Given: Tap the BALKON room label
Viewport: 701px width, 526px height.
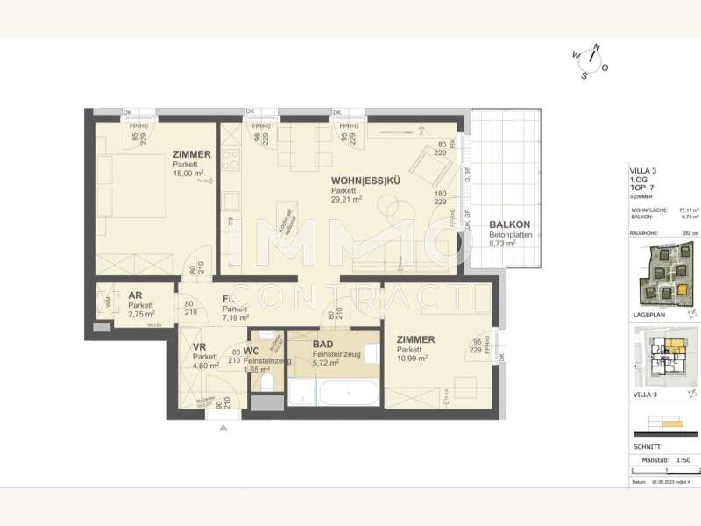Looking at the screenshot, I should coord(509,224).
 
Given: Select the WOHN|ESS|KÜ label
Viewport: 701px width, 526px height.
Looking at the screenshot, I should coord(365,181).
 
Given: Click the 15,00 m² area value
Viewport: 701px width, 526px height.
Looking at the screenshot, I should coord(188,173).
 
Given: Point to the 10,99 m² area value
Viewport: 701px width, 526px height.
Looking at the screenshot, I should coord(411,358).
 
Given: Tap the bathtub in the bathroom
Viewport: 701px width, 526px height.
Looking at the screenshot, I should coord(349,391).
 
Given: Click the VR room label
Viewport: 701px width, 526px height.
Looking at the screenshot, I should coord(199,347).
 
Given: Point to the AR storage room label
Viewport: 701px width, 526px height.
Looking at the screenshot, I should coord(136,296).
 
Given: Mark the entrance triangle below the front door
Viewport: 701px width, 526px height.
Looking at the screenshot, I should coord(223,428).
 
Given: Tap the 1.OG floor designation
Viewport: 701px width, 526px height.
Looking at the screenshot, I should coord(639,180).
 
